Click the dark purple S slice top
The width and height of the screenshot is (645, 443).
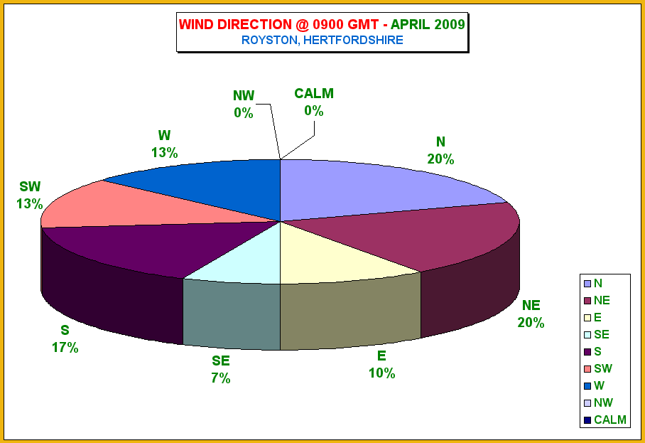pyautogui.click(x=165, y=247)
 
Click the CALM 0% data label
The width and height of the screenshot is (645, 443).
pyautogui.click(x=314, y=102)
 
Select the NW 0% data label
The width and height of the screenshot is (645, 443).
pyautogui.click(x=244, y=104)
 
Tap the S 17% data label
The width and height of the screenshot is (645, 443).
pyautogui.click(x=65, y=339)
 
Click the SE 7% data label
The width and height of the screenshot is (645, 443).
pyautogui.click(x=221, y=369)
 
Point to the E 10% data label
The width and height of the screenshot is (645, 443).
pyautogui.click(x=381, y=364)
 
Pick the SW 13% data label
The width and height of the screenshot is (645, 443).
pyautogui.click(x=30, y=195)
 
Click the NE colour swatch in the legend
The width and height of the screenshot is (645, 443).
pyautogui.click(x=587, y=301)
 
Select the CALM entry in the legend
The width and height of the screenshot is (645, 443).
pyautogui.click(x=605, y=420)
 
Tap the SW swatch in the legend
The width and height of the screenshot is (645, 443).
pyautogui.click(x=587, y=369)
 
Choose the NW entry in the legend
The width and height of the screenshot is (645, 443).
pyautogui.click(x=599, y=402)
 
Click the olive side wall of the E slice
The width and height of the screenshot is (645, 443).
pyautogui.click(x=350, y=313)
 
